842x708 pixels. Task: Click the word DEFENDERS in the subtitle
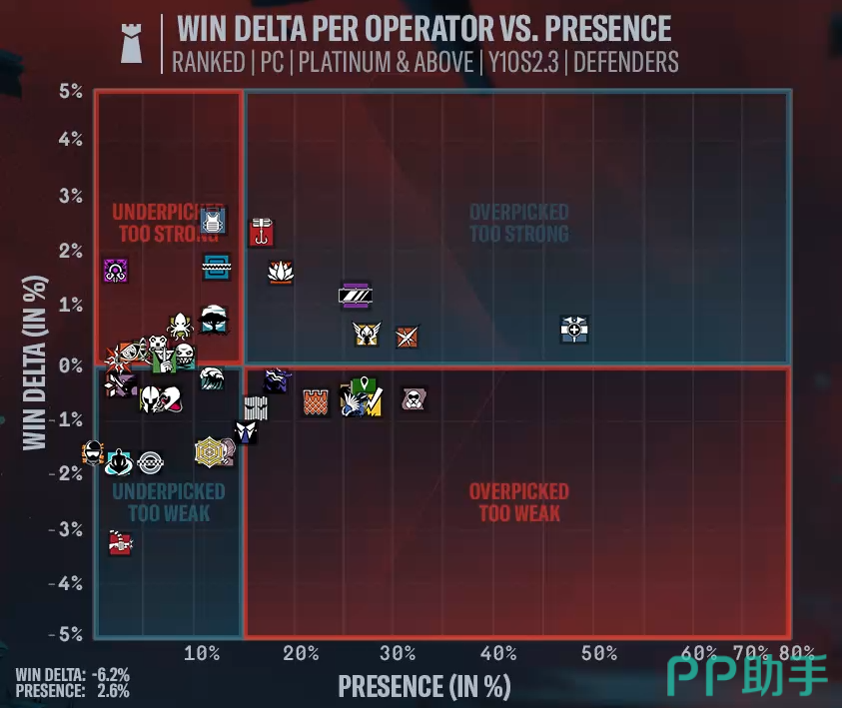(626, 62)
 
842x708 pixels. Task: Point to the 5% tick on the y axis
(69, 92)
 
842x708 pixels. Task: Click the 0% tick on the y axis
(69, 364)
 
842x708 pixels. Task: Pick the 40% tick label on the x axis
(497, 653)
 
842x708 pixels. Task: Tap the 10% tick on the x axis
(202, 653)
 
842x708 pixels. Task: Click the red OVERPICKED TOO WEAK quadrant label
(518, 502)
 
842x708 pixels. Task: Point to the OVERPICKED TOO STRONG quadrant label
(518, 223)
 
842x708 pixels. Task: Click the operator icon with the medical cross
(574, 329)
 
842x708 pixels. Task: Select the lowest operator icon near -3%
(120, 543)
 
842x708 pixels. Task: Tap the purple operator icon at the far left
(116, 270)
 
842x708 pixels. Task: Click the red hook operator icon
(261, 232)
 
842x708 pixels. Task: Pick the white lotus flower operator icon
(281, 271)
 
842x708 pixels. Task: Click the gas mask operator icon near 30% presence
(413, 399)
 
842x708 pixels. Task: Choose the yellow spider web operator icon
(209, 452)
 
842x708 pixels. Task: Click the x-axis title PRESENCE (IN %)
(424, 686)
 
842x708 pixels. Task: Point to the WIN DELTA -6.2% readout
(72, 674)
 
